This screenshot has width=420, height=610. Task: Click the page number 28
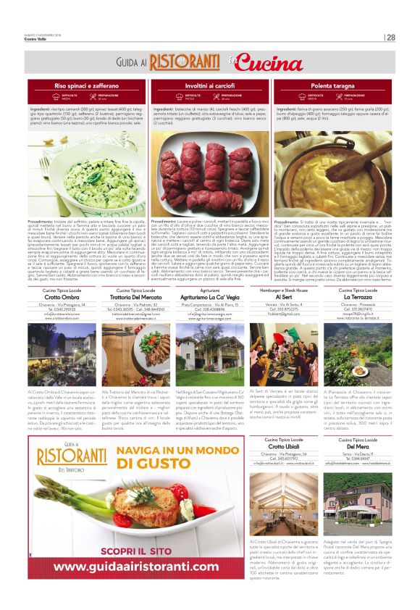390,38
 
